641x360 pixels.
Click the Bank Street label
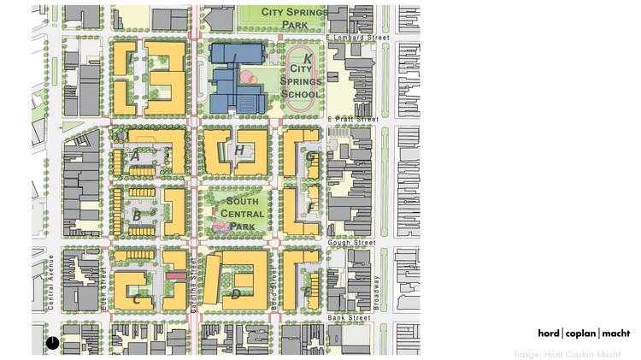click(x=349, y=318)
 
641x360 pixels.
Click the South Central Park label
click(x=242, y=214)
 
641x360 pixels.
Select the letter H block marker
click(x=240, y=151)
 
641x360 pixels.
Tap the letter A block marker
click(x=135, y=156)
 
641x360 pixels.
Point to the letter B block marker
click(x=136, y=215)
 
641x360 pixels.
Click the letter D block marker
click(x=235, y=294)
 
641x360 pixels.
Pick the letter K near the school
click(x=308, y=59)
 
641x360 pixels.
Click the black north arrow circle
click(x=52, y=342)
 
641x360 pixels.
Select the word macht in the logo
click(x=615, y=333)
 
